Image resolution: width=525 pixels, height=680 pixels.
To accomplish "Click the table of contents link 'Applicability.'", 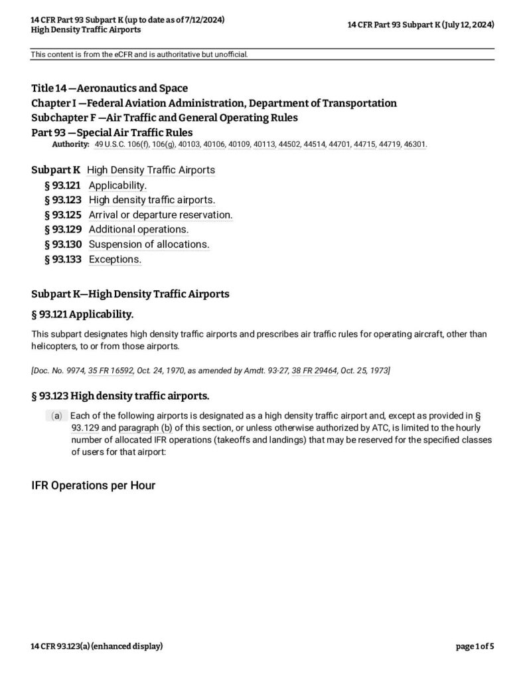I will tap(117, 185).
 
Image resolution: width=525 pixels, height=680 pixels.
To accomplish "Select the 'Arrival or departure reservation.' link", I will tap(160, 214).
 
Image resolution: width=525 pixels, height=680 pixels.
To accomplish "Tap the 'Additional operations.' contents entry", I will tap(138, 229).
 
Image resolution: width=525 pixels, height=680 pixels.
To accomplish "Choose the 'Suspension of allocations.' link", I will tap(149, 244).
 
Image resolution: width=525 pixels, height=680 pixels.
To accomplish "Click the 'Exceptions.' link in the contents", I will tap(115, 259).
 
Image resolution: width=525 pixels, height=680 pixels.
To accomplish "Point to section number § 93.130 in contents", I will tap(62, 244).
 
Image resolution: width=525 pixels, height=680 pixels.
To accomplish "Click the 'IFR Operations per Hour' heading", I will tap(94, 485).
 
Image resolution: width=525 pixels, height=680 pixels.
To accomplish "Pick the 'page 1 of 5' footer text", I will tap(475, 646).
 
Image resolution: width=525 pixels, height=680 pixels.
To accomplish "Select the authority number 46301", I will tap(415, 144).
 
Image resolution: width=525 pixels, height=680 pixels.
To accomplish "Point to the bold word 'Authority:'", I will tap(70, 144).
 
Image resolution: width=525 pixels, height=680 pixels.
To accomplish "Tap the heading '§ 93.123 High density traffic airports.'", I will tap(120, 396).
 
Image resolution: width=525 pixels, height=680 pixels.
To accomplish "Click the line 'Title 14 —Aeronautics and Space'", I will tap(110, 88).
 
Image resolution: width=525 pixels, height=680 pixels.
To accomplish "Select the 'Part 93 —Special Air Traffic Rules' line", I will tap(112, 132).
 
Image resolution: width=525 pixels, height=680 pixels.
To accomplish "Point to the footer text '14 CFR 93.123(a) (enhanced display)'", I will tap(97, 646).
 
